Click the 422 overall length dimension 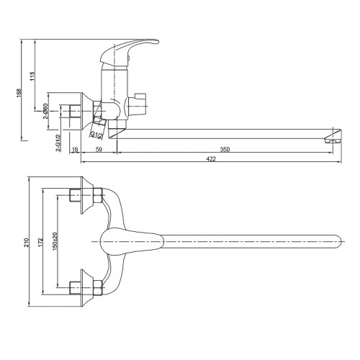click(x=211, y=158)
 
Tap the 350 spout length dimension click(x=225, y=149)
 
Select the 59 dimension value click(x=99, y=149)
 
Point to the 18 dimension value click(x=75, y=150)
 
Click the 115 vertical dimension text click(x=32, y=76)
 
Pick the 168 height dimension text click(x=19, y=93)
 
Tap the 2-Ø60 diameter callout click(x=45, y=111)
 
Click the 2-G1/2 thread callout click(x=58, y=143)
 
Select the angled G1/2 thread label click(x=96, y=135)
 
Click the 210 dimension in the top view click(x=26, y=243)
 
